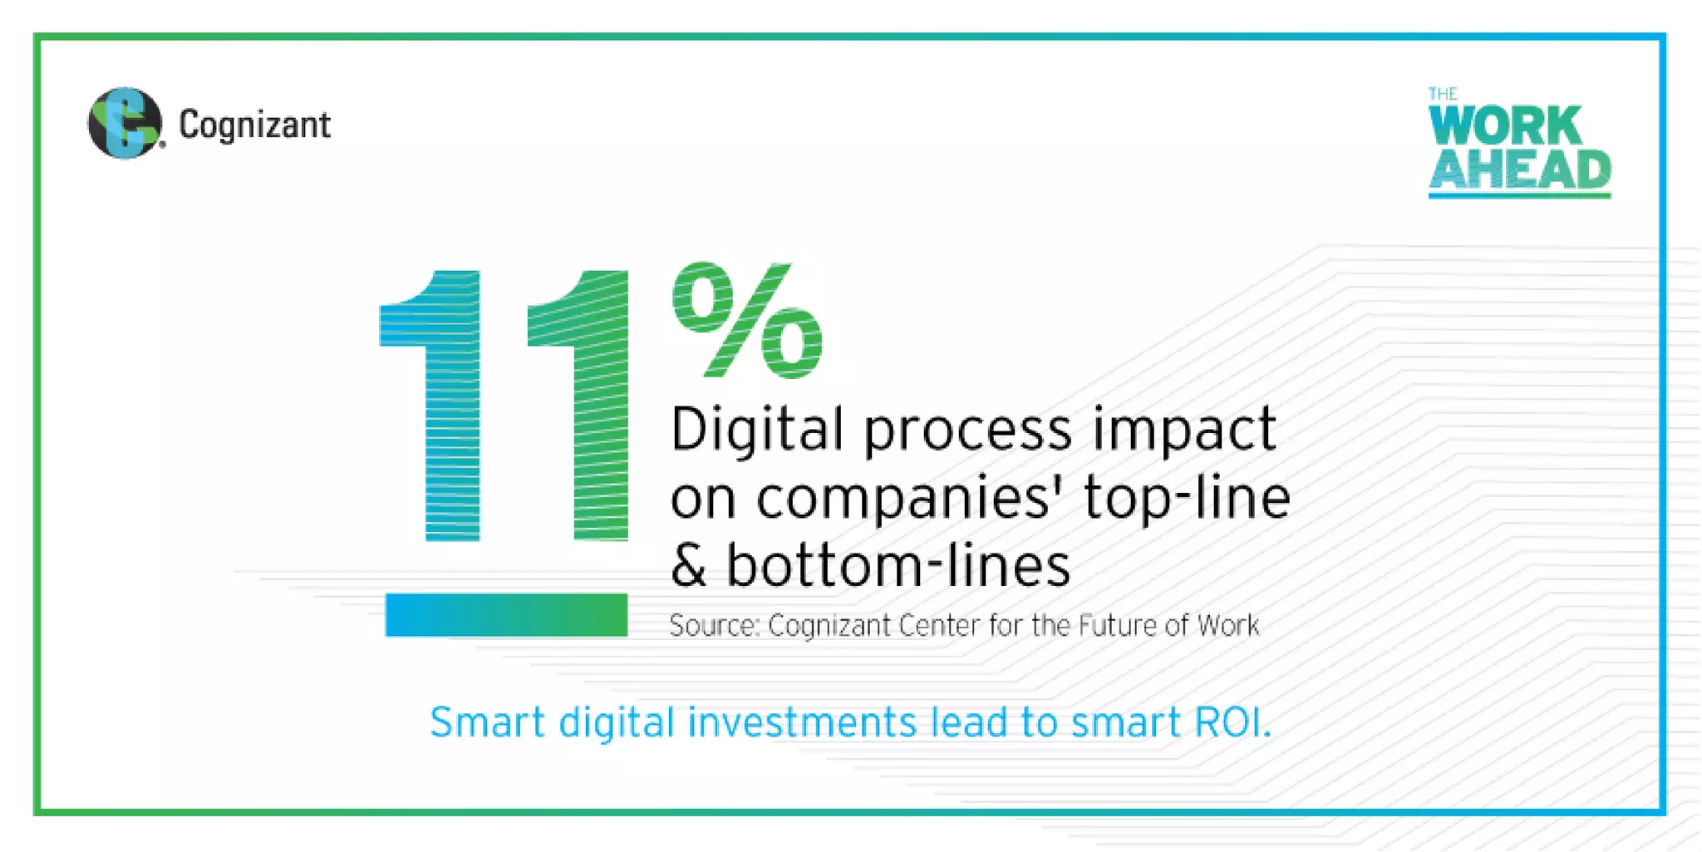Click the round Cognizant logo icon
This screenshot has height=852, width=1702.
(125, 123)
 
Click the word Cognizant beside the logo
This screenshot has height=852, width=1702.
(254, 126)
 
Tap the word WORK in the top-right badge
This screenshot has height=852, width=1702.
(1504, 126)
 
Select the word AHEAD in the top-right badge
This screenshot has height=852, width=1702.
(1519, 170)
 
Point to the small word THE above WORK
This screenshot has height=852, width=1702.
(1443, 94)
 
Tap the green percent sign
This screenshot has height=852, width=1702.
(747, 320)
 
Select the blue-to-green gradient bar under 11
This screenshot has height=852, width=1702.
(506, 614)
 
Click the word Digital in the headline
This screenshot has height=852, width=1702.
(756, 430)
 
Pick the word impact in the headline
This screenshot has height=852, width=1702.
(1183, 430)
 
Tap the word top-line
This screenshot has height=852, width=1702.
(1186, 499)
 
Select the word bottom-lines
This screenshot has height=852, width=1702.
(898, 566)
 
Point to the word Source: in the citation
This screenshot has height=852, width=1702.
(715, 626)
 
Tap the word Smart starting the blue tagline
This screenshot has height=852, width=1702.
(487, 721)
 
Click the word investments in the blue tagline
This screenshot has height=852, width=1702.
(802, 721)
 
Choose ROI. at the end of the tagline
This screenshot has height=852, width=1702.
(1232, 721)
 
